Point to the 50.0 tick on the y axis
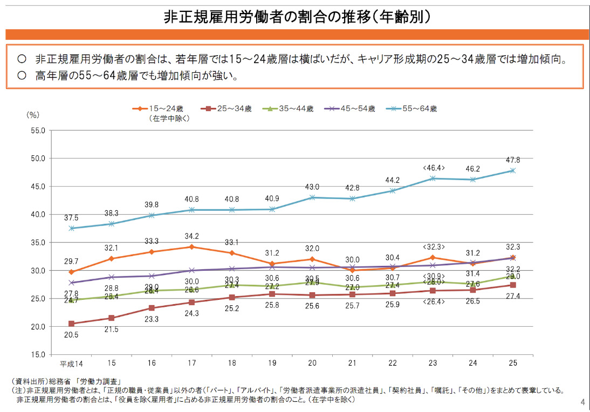pos(37,159)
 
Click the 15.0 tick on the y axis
pos(37,355)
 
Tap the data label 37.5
pos(71,218)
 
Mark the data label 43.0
pos(313,187)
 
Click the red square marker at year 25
pos(512,285)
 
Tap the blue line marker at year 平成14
pos(71,228)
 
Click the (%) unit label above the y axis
pos(33,114)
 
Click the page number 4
pos(582,402)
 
